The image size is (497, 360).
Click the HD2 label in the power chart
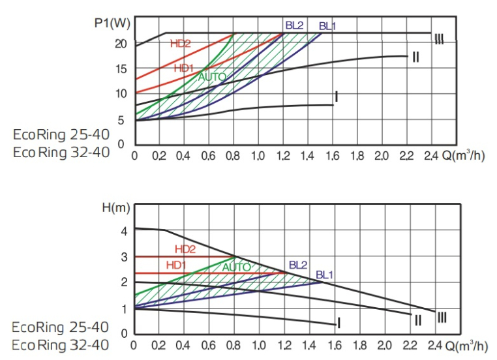(180, 44)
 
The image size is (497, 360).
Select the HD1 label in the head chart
(176, 265)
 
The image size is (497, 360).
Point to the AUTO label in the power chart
(213, 77)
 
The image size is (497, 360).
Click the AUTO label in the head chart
(236, 267)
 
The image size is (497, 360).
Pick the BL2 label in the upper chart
(294, 25)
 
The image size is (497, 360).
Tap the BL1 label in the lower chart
(325, 275)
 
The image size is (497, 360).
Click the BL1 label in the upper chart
(327, 27)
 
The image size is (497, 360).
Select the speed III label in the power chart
(439, 40)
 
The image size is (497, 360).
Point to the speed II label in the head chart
(418, 320)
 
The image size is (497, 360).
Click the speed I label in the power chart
(336, 97)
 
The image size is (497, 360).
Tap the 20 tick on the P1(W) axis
(121, 44)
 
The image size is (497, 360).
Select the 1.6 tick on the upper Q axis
(332, 157)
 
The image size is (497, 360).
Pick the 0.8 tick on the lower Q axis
(234, 345)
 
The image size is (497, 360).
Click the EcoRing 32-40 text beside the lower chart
(61, 344)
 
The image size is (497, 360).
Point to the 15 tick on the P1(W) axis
(121, 68)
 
